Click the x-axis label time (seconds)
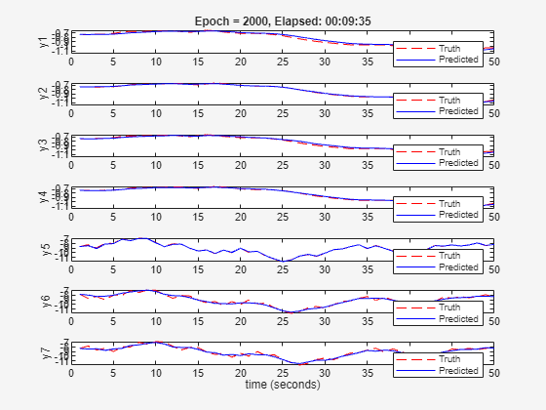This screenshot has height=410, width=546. pyautogui.click(x=282, y=385)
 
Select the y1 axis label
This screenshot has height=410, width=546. pyautogui.click(x=43, y=40)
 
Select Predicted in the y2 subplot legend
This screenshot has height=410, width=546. pyautogui.click(x=458, y=110)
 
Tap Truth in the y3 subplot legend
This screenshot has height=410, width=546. pyautogui.click(x=451, y=151)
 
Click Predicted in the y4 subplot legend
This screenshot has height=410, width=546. pyautogui.click(x=458, y=215)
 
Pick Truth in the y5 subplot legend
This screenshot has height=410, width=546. pyautogui.click(x=451, y=256)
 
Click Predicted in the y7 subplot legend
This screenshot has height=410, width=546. pyautogui.click(x=458, y=371)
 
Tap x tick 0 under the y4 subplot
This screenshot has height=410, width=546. pyautogui.click(x=72, y=217)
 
